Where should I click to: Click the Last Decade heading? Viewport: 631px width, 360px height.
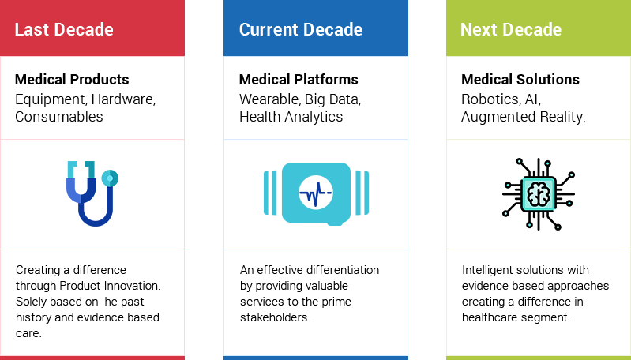coord(64,29)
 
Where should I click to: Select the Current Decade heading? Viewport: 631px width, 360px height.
coord(301,29)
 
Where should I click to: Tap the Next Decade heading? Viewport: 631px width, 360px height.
coord(511,29)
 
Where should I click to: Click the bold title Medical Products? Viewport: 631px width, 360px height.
coord(72,79)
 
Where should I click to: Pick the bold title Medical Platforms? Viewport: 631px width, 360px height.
coord(299,79)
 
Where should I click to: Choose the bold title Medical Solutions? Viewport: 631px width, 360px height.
coord(520,79)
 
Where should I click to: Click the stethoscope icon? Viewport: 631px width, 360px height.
coord(92,193)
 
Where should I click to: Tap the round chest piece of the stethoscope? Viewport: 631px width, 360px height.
coord(110,178)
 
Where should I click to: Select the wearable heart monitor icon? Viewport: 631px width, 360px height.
coord(317,193)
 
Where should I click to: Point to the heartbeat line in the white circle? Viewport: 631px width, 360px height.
coord(316,193)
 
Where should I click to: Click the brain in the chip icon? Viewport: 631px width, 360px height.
coord(539,194)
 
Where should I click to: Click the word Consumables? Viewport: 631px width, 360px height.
coord(59,117)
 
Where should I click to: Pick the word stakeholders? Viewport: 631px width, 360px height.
coord(276,317)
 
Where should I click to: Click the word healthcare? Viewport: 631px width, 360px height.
coord(487,317)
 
